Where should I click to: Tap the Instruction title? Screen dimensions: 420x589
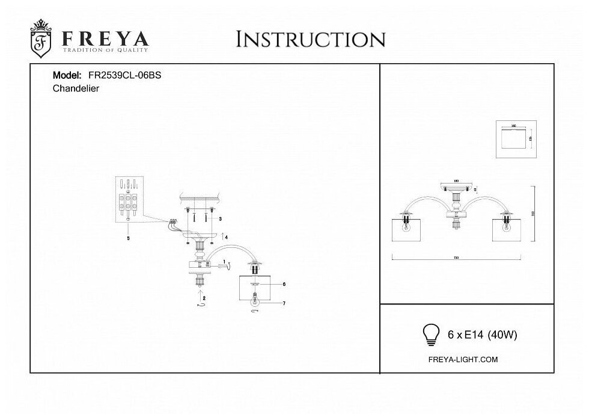(311, 39)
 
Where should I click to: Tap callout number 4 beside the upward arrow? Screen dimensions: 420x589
(226, 238)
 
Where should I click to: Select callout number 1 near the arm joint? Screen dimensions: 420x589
(224, 262)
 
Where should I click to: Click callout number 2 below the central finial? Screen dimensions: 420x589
(205, 298)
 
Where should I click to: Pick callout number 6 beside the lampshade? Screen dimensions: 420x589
(283, 284)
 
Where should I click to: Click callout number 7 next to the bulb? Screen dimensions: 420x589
(283, 303)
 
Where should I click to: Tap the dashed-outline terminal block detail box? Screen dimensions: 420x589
(130, 199)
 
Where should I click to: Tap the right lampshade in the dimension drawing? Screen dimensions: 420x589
(506, 229)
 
